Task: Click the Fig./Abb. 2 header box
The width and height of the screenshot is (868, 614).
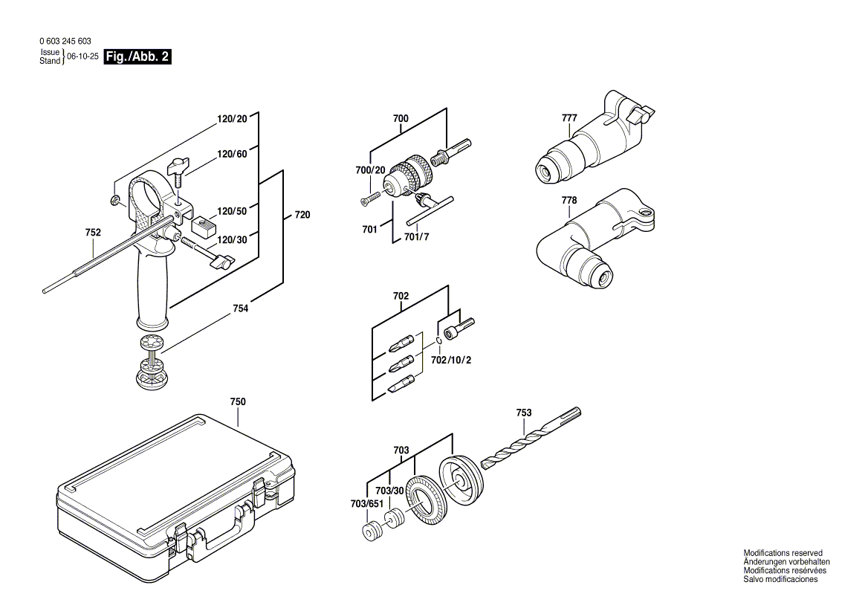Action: point(137,56)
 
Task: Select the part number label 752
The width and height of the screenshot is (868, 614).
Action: point(93,233)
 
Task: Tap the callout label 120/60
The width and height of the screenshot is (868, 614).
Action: point(232,154)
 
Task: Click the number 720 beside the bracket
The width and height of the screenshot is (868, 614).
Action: point(302,215)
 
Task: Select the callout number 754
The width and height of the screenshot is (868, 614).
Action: point(240,308)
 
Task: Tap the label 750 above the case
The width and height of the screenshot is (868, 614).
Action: point(238,401)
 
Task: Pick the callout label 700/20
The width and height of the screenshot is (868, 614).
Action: point(370,170)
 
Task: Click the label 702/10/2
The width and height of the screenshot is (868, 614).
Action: point(452,360)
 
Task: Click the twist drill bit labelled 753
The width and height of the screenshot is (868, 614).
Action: point(531,441)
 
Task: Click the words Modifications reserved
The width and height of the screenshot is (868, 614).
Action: point(783,553)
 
